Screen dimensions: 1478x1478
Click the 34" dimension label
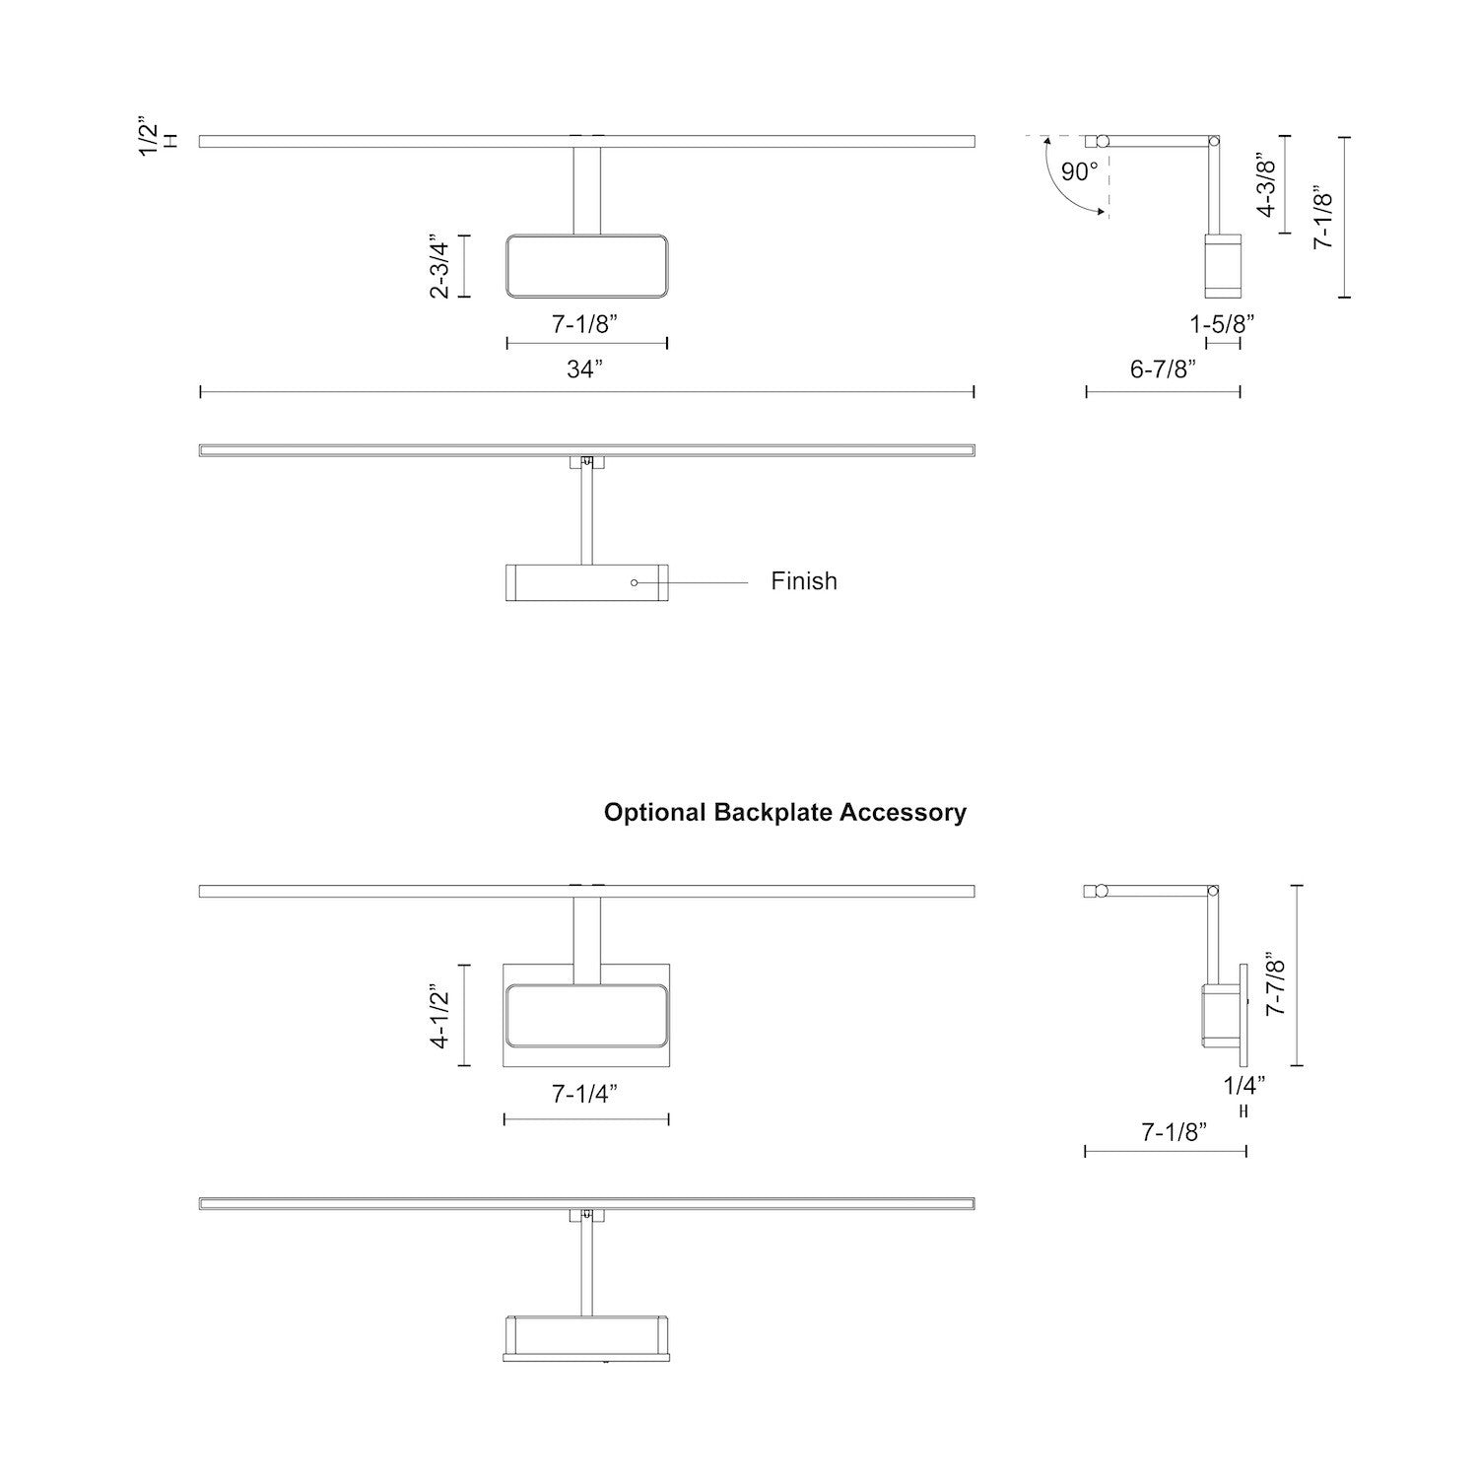click(584, 369)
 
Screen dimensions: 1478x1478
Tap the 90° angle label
click(1079, 172)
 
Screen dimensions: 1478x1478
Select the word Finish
click(804, 581)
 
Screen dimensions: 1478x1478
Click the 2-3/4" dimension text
click(439, 266)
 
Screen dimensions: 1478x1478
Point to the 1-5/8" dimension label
click(1222, 323)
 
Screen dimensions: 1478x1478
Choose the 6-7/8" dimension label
click(1163, 369)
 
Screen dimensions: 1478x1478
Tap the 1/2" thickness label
click(148, 138)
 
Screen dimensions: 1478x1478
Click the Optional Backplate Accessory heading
click(784, 813)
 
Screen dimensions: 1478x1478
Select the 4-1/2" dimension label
click(439, 1015)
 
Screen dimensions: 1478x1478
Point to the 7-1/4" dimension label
click(585, 1094)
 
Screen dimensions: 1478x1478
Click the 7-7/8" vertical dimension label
click(1276, 983)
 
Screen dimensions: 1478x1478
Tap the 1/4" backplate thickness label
click(1243, 1086)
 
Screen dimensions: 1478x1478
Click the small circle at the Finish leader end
click(635, 582)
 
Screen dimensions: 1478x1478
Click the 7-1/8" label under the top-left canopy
click(585, 323)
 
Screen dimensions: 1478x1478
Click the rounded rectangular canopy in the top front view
click(587, 266)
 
